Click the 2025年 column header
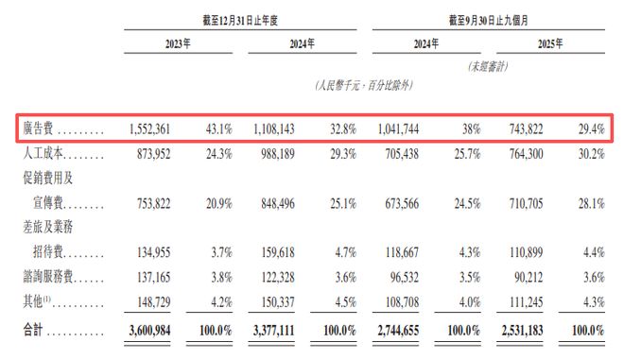(x=549, y=43)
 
